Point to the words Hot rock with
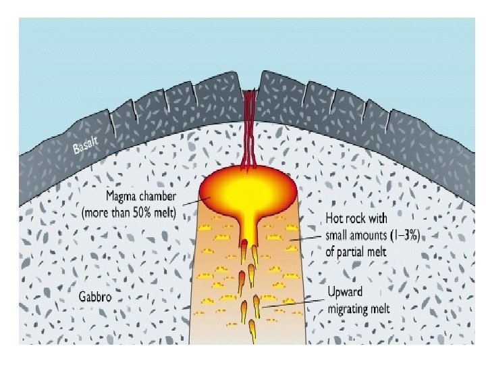pos(358,219)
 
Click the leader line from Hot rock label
pos(305,237)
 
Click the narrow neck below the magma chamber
pos(250,230)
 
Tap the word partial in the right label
pos(357,249)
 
